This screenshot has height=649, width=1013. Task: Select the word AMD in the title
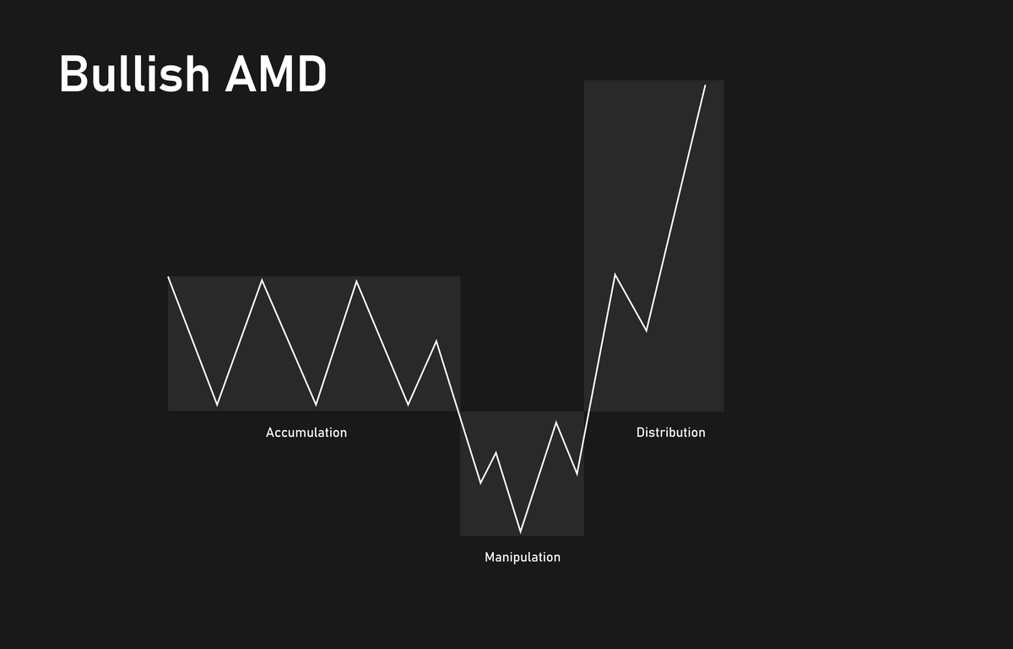click(275, 75)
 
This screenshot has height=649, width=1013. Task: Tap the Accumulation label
click(306, 433)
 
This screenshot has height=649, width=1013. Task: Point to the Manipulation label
click(523, 558)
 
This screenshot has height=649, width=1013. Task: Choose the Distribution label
click(670, 433)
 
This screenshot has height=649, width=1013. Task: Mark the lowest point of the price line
click(520, 532)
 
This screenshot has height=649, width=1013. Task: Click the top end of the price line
click(705, 85)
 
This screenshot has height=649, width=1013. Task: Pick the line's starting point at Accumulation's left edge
click(169, 277)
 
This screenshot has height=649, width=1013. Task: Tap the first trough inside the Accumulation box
click(217, 405)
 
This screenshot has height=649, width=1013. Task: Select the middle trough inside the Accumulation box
click(317, 405)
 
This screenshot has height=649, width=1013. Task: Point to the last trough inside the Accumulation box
click(409, 405)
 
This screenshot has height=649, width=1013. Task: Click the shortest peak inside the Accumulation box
click(436, 341)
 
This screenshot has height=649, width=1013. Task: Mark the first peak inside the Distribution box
click(615, 275)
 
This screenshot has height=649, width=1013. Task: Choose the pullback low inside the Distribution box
click(647, 330)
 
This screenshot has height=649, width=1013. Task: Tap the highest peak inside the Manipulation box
click(556, 422)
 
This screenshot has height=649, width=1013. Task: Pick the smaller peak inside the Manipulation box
click(496, 453)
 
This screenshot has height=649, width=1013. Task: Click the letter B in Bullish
click(73, 75)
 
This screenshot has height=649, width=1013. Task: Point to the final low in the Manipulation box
click(577, 474)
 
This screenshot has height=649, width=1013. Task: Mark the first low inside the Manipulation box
click(481, 483)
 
